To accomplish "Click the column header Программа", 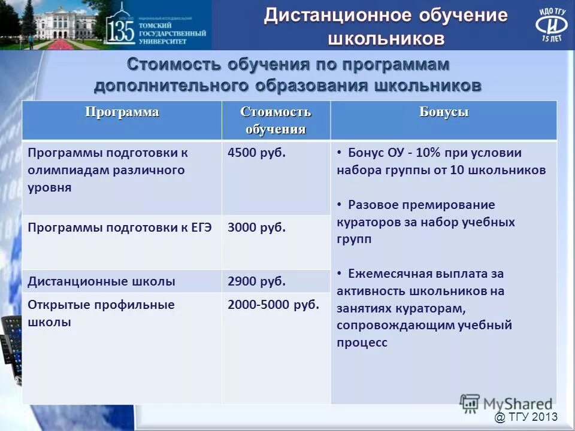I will click(122, 113).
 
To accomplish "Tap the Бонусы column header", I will click(444, 113).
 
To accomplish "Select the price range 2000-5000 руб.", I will click(273, 305).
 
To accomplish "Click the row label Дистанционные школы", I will click(102, 281).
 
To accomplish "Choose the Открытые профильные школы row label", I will click(101, 313).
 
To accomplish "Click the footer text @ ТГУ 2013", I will click(526, 417).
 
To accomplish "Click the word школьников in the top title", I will click(386, 39).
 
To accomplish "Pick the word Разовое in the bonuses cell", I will click(374, 205).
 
